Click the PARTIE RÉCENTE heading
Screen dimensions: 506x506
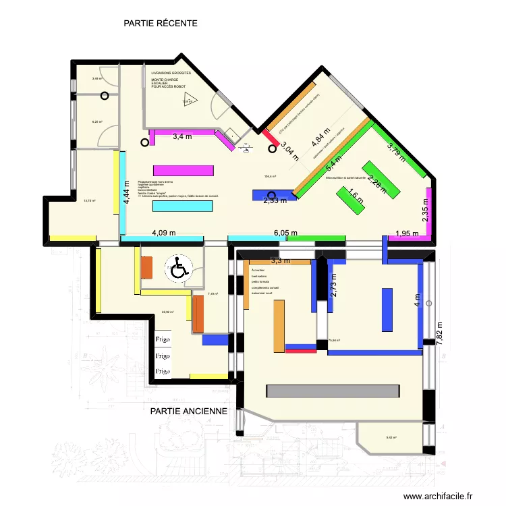[161, 23]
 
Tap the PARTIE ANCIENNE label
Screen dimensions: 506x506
[189, 410]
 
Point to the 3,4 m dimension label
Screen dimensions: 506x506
[182, 137]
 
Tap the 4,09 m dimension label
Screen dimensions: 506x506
[163, 233]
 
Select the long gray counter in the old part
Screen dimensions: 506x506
[333, 391]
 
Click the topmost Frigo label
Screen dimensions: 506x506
[163, 339]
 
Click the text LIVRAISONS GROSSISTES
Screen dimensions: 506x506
[171, 72]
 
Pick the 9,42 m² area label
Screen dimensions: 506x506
[391, 438]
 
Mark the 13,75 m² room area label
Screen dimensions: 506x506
[89, 200]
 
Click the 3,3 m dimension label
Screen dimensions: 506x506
[280, 260]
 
